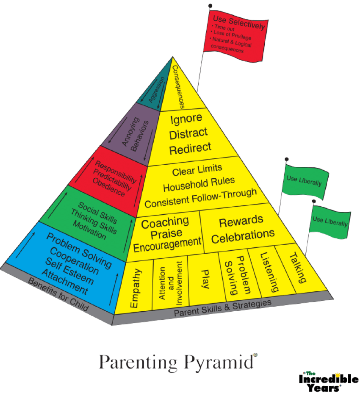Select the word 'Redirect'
click(x=190, y=148)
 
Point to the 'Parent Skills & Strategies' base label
click(x=222, y=308)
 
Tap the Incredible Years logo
click(x=328, y=381)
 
